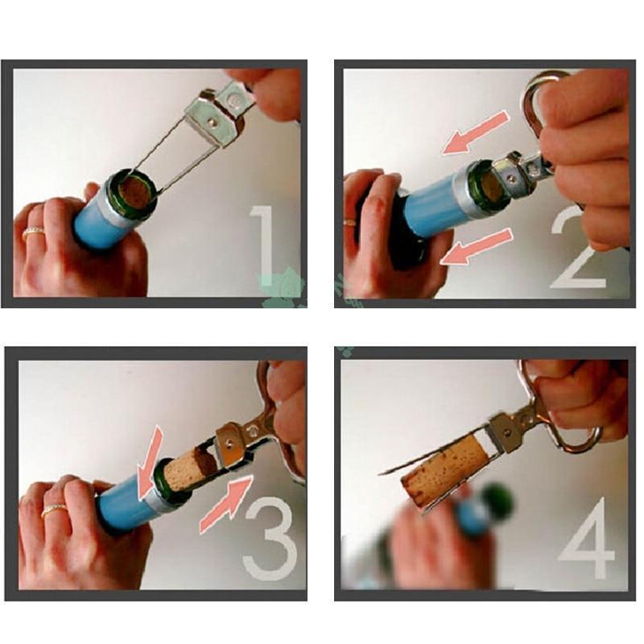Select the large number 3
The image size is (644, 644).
pos(270,539)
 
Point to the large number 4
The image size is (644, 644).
pos(588,537)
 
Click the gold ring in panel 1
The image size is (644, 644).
pos(34,233)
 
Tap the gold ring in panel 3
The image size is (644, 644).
pos(54,510)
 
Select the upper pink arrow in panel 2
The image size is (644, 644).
pos(477,134)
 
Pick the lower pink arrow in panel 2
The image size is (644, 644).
pos(477,246)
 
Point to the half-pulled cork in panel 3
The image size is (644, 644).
pos(190,469)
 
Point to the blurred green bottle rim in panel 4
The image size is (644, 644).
pos(497,501)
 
